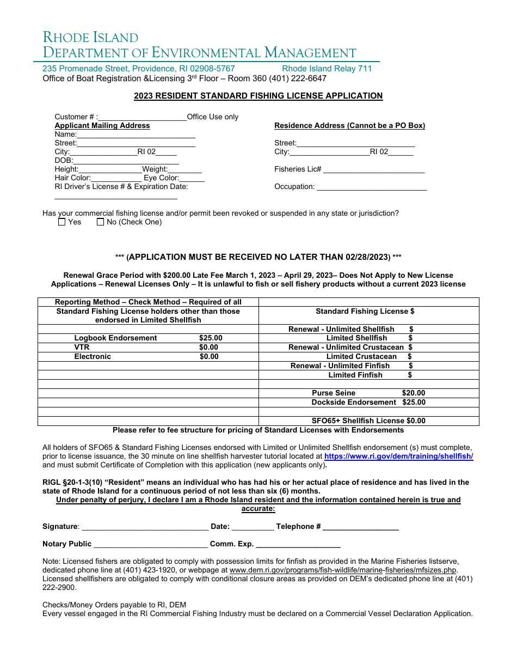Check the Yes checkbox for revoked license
coord(61,222)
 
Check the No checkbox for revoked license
coord(100,222)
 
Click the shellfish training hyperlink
coord(398,456)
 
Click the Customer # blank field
coord(143,117)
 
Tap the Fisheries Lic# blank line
coord(373,169)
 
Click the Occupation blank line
coord(372,187)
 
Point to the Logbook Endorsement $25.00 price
coord(211,338)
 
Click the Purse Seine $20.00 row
coord(368,393)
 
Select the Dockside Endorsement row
coord(368,403)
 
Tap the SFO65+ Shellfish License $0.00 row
coord(368,421)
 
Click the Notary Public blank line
coord(150,544)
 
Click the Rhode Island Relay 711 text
coord(327,69)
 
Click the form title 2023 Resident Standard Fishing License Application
coord(258,96)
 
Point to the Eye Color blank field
coord(192,178)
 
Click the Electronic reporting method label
coord(93,357)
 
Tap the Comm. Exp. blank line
coord(298,544)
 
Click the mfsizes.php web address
coord(343,570)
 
